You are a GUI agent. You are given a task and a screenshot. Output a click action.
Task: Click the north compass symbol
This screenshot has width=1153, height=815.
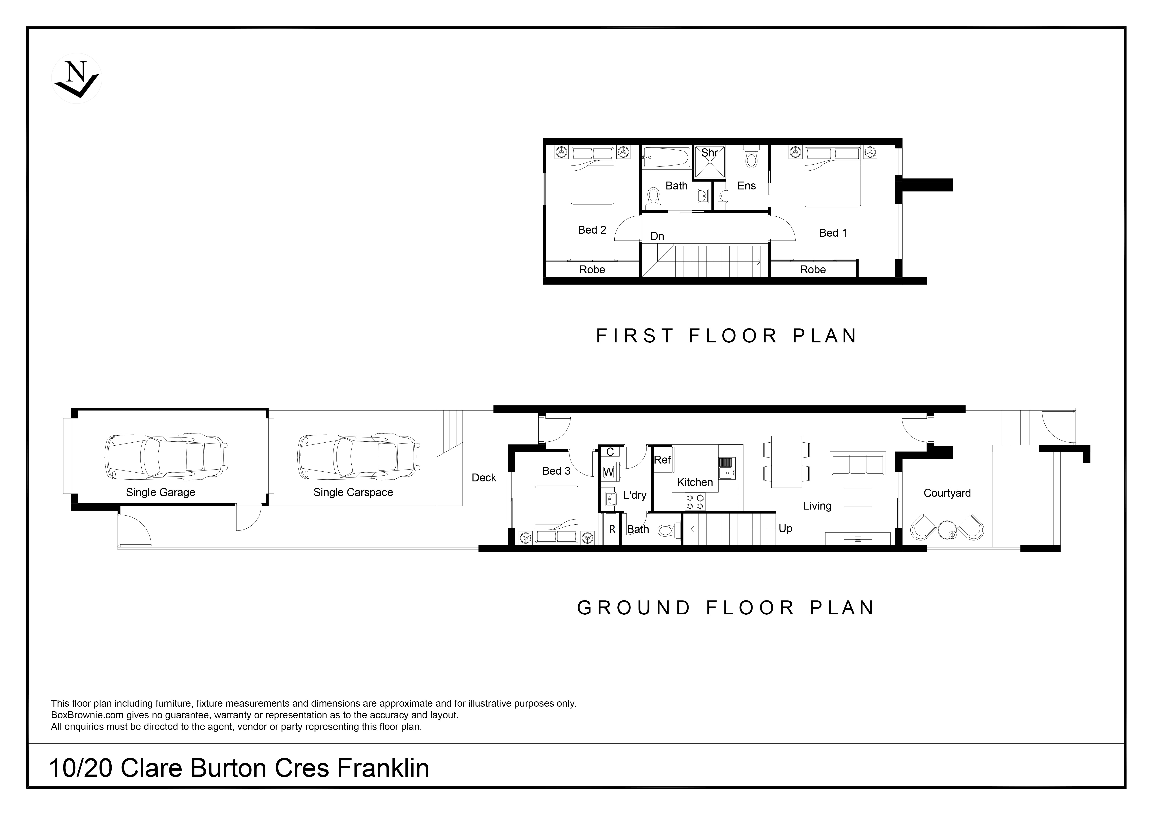(x=77, y=78)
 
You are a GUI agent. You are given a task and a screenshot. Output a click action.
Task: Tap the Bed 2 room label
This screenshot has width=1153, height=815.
(x=592, y=230)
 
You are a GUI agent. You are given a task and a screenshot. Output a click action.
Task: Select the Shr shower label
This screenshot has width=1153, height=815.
(x=710, y=152)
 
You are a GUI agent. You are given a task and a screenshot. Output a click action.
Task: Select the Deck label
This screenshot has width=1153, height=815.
(x=484, y=478)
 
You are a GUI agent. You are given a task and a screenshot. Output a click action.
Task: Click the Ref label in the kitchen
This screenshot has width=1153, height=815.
(x=662, y=460)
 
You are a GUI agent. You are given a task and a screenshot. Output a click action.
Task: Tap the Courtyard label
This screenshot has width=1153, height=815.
(x=947, y=493)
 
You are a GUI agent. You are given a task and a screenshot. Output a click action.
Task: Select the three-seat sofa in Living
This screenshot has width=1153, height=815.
(x=858, y=463)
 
